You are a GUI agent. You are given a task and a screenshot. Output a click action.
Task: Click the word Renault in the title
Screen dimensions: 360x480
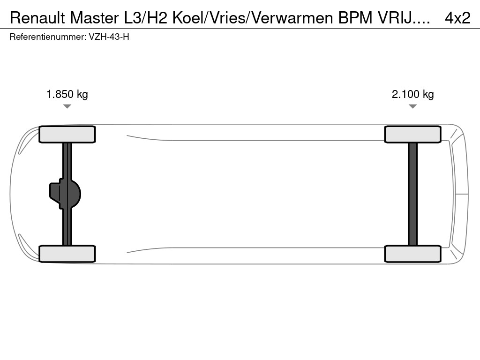pyautogui.click(x=38, y=18)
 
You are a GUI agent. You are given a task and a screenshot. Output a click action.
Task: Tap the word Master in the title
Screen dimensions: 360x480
pyautogui.click(x=94, y=18)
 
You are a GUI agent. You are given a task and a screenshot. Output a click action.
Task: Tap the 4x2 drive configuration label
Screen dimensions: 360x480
pyautogui.click(x=457, y=18)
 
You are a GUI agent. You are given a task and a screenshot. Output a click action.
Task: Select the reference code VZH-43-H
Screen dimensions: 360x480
pyautogui.click(x=109, y=37)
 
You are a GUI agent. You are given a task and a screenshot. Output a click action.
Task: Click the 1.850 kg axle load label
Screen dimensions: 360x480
pyautogui.click(x=67, y=94)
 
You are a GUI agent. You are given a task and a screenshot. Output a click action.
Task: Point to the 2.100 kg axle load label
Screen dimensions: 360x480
pyautogui.click(x=412, y=94)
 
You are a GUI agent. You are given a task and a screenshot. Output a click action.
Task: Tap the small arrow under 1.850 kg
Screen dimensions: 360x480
pyautogui.click(x=67, y=106)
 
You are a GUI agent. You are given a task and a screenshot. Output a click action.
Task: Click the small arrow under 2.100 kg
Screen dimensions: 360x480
pyautogui.click(x=412, y=106)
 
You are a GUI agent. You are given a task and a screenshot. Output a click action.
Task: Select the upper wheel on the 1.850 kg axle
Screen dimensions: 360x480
pyautogui.click(x=67, y=135)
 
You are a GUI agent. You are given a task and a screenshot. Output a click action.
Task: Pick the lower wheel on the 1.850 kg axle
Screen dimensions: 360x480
pyautogui.click(x=67, y=254)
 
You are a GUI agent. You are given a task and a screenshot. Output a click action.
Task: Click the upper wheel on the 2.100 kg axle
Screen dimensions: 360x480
pyautogui.click(x=412, y=135)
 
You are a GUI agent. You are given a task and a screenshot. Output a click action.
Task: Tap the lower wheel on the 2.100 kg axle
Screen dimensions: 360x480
pyautogui.click(x=412, y=254)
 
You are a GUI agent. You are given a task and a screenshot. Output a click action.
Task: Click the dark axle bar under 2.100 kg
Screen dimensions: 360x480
pyautogui.click(x=412, y=194)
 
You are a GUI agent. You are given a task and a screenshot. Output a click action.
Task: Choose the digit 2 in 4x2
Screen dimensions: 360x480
pyautogui.click(x=465, y=18)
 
